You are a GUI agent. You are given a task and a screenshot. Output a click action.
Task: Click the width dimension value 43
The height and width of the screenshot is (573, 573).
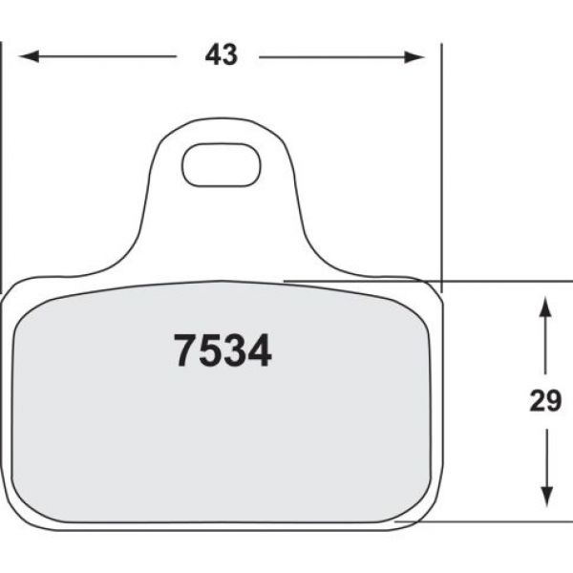point(221,56)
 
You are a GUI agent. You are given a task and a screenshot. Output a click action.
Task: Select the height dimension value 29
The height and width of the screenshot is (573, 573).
point(545,402)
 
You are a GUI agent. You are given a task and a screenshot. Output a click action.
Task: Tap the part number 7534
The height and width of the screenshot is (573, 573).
point(223,351)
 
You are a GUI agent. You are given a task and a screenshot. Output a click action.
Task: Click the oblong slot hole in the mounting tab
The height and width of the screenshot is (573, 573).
point(222,164)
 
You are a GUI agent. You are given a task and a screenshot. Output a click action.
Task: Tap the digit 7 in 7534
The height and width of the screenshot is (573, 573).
point(185,351)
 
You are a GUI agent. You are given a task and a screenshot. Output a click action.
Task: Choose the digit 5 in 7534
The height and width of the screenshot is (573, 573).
point(210,351)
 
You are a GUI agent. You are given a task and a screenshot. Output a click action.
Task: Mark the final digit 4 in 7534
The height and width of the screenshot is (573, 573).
point(259,351)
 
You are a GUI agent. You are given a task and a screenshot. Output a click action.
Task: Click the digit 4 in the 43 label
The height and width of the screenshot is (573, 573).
point(212,56)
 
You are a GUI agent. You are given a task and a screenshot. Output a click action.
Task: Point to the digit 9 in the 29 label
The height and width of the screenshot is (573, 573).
point(553,402)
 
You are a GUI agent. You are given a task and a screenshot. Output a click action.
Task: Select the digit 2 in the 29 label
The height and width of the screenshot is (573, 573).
point(538,402)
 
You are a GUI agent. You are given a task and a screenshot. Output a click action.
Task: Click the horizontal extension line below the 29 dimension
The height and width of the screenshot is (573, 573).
point(497,522)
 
